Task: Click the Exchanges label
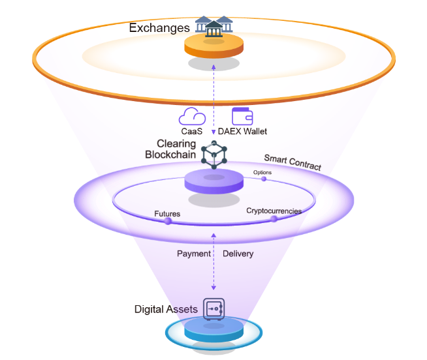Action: pos(159,28)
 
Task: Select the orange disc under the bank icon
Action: pos(214,46)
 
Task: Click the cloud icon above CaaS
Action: pos(192,117)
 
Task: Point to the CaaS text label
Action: pos(192,131)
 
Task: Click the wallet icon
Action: pos(242,116)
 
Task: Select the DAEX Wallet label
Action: pos(242,131)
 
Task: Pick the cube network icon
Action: pos(214,154)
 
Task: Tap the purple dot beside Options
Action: pos(264,179)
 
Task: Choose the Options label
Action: pos(262,172)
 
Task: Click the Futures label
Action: pos(167,213)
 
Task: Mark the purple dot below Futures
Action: pos(168,222)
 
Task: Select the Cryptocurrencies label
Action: pos(274,211)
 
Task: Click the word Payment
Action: pos(194,254)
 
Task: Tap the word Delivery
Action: pos(238,254)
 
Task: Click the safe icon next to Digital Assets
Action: pos(214,308)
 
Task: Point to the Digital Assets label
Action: pos(166,309)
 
